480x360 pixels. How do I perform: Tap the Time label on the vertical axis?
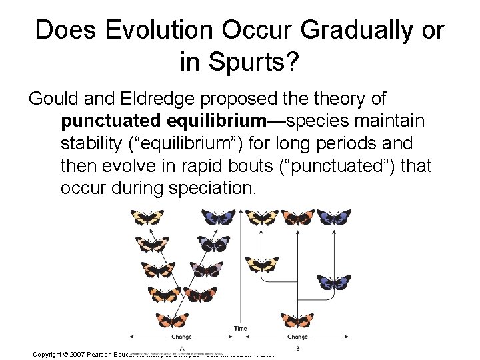point(241,328)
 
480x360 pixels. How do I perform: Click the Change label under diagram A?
point(181,337)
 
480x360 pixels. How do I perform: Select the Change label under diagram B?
point(298,337)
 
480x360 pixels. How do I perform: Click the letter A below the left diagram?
point(181,347)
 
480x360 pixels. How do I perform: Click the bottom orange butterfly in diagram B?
point(298,319)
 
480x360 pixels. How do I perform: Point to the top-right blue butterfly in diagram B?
point(333,217)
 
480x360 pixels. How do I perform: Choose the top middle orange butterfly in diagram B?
point(297,217)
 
